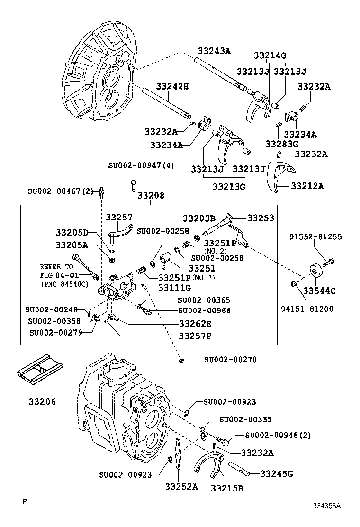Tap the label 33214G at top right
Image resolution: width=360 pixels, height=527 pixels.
coord(270,55)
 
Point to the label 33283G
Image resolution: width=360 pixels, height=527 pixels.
coord(281,144)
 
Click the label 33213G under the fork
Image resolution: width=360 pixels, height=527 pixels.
coord(229,186)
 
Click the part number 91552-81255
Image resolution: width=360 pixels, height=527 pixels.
coord(316,237)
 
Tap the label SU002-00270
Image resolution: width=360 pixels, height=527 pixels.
coord(230,360)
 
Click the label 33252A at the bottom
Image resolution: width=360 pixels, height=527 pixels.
coord(181,486)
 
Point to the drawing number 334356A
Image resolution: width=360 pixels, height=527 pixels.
coord(326,506)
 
